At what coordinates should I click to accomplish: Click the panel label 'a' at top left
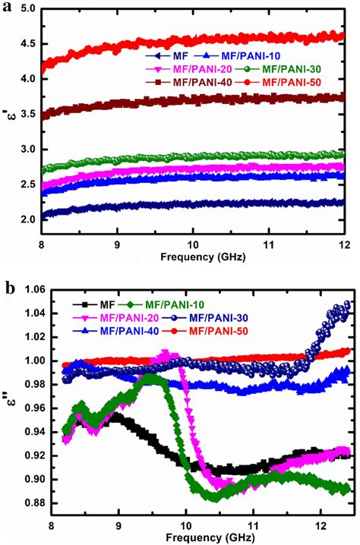tap(7, 7)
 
